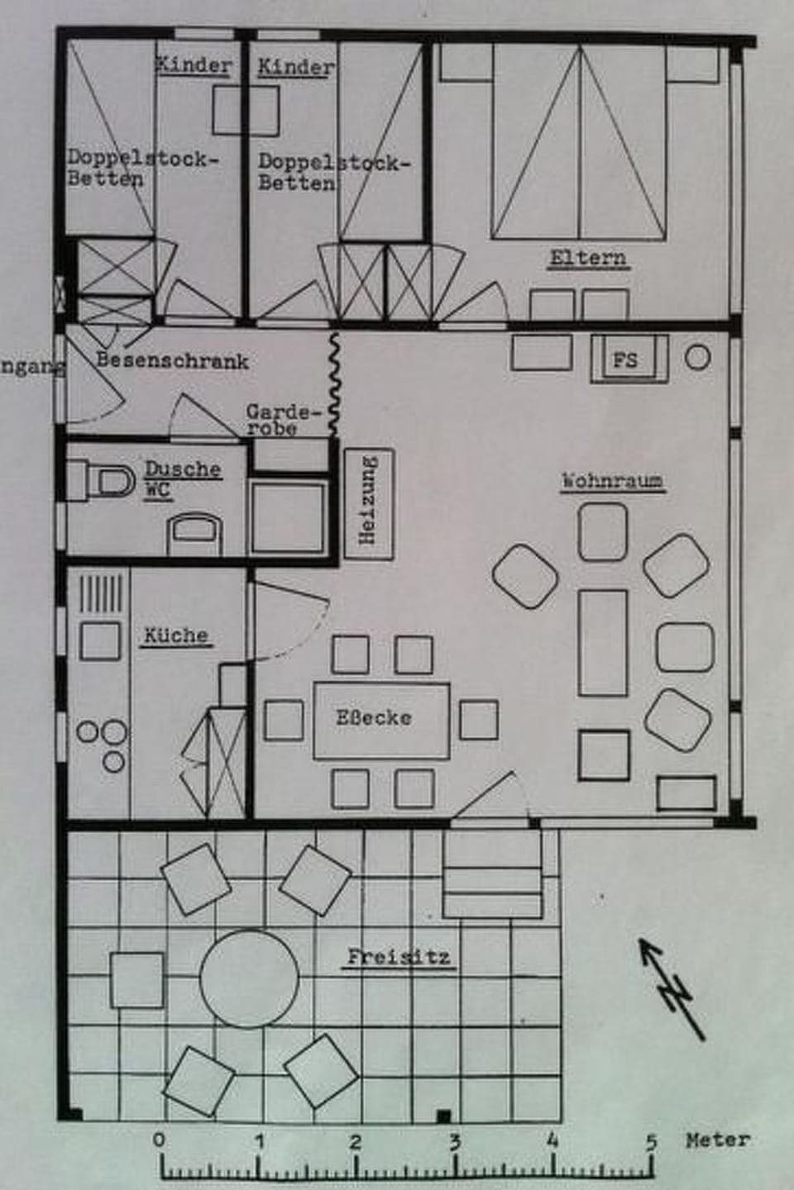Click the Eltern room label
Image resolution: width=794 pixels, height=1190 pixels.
pyautogui.click(x=588, y=258)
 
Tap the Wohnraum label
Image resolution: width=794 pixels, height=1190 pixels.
pyautogui.click(x=612, y=480)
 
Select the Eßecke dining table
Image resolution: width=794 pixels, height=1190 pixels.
pyautogui.click(x=381, y=720)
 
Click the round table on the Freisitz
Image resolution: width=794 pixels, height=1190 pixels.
pyautogui.click(x=249, y=979)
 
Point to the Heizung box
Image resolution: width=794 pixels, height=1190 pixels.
pyautogui.click(x=368, y=505)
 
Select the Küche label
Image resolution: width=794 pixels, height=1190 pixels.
pyautogui.click(x=175, y=635)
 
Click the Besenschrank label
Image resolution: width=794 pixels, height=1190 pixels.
pyautogui.click(x=172, y=360)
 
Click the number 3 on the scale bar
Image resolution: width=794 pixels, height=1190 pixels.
pyautogui.click(x=454, y=1143)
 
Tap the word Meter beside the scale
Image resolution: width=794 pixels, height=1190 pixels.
pyautogui.click(x=718, y=1140)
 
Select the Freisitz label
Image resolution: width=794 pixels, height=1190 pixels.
pyautogui.click(x=399, y=958)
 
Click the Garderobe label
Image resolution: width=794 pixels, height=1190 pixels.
pyautogui.click(x=281, y=420)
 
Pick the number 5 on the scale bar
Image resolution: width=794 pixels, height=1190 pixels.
pyautogui.click(x=652, y=1142)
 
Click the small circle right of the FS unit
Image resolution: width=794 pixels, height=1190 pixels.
pyautogui.click(x=698, y=358)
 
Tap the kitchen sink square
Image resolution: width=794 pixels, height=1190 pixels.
pyautogui.click(x=99, y=640)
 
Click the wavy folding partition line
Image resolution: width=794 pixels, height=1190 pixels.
pyautogui.click(x=335, y=384)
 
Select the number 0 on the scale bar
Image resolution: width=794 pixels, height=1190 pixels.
pyautogui.click(x=160, y=1140)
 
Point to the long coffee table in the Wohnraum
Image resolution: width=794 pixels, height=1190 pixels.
pyautogui.click(x=603, y=642)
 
